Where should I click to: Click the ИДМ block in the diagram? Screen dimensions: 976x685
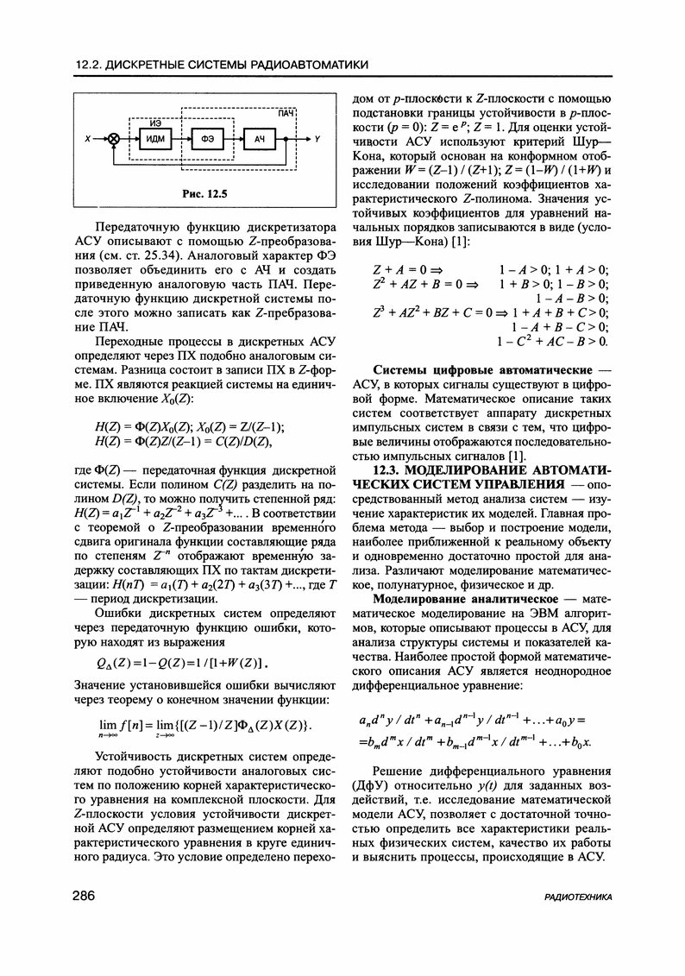(x=155, y=138)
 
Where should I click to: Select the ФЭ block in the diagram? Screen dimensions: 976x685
(x=207, y=138)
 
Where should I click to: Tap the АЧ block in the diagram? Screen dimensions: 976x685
(x=259, y=138)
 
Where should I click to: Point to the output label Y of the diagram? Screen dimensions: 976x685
(x=318, y=138)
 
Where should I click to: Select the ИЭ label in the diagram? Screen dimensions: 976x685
(x=156, y=123)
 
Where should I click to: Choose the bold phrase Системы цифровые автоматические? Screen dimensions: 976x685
(x=471, y=369)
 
